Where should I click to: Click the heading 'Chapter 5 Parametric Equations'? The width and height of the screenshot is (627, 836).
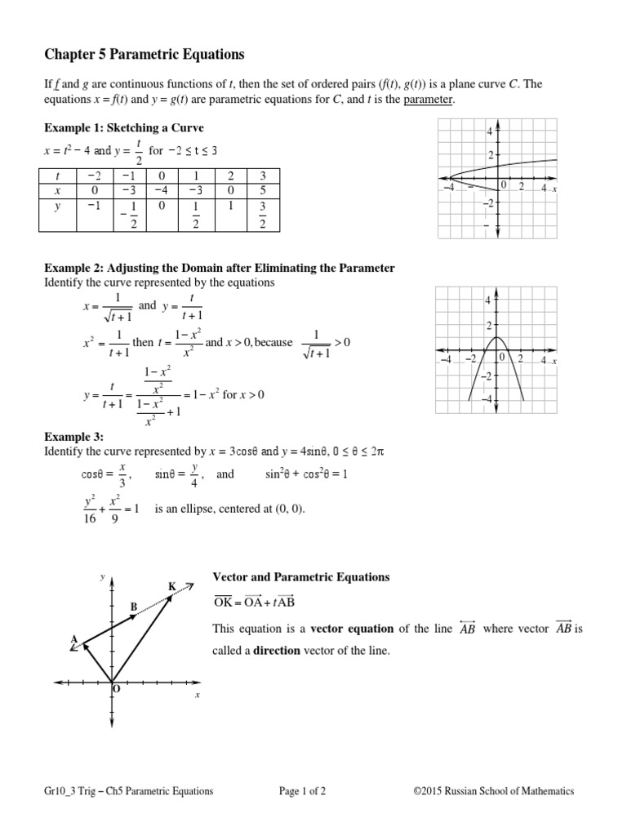tap(144, 55)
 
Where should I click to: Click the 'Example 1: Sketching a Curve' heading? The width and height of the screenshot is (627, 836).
tap(123, 128)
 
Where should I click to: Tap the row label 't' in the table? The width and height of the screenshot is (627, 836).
tap(57, 176)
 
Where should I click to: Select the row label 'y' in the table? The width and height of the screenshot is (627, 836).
tap(57, 207)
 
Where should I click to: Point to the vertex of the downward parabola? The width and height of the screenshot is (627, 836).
tap(497, 338)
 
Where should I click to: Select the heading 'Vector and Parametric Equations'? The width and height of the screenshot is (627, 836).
tap(301, 577)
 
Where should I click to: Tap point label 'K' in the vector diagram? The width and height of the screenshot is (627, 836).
tap(172, 586)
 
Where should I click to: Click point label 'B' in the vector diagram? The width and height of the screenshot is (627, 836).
tap(134, 607)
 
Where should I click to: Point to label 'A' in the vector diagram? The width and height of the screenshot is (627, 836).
tap(73, 639)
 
